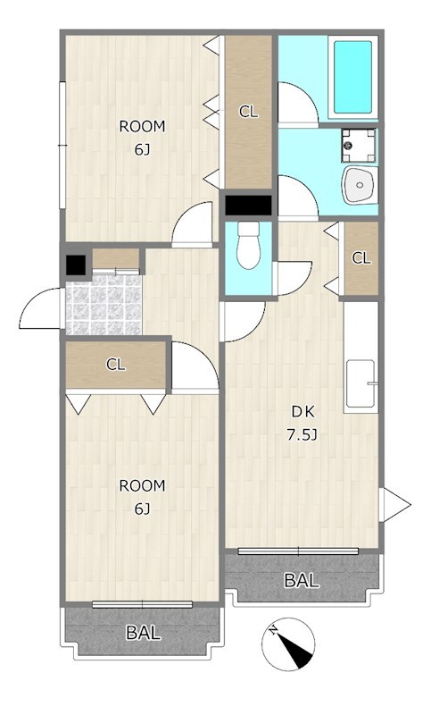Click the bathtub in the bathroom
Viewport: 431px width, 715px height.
coord(353,77)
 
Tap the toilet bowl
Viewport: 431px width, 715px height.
coord(248,245)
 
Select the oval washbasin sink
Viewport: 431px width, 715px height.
coord(360,185)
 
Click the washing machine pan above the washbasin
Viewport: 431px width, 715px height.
coord(359,146)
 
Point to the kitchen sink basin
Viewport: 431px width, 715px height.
coord(361,383)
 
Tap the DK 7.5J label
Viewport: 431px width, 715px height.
coord(303,424)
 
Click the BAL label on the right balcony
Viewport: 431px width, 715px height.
coord(302,580)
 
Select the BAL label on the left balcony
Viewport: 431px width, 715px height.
coord(143,633)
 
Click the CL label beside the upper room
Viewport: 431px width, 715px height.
coord(248,111)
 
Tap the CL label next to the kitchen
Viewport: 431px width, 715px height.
coord(361,258)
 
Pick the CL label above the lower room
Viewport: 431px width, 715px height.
coord(116,365)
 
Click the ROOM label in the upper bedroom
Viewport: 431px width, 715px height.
coord(142,126)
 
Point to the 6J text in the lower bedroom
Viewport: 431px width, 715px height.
coord(142,509)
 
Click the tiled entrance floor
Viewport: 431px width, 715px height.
coord(104,304)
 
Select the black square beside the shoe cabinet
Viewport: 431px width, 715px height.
coord(76,265)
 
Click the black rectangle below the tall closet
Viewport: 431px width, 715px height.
coord(248,205)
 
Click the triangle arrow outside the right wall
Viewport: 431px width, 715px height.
coord(397,504)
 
